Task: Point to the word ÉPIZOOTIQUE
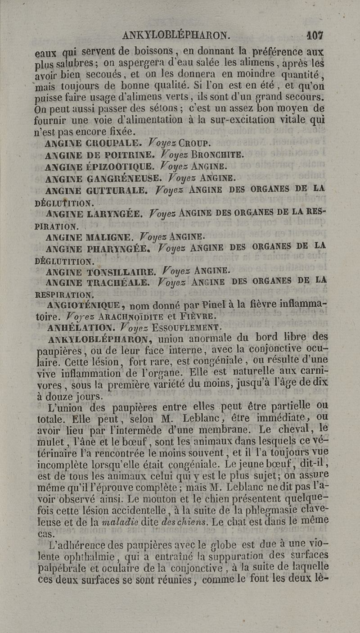[x=113, y=167]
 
